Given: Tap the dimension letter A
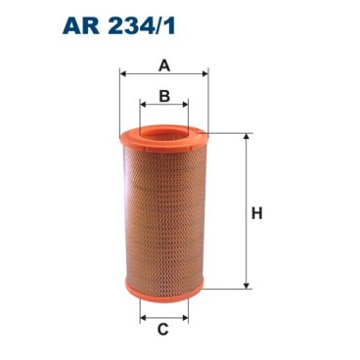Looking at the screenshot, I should pyautogui.click(x=164, y=66).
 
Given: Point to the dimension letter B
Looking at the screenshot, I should pyautogui.click(x=164, y=95).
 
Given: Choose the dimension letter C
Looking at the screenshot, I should pyautogui.click(x=163, y=330).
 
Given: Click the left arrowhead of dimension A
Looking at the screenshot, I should pyautogui.click(x=123, y=73).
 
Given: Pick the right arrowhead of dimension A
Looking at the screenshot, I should pyautogui.click(x=204, y=73).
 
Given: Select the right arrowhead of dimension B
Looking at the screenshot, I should pyautogui.click(x=185, y=105).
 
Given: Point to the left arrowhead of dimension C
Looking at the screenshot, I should pyautogui.click(x=144, y=318).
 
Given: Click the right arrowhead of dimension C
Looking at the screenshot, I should pyautogui.click(x=185, y=318).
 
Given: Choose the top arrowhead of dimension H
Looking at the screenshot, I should pyautogui.click(x=244, y=137).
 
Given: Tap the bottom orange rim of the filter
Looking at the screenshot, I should pyautogui.click(x=164, y=292).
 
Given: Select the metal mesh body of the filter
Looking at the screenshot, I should pyautogui.click(x=164, y=215).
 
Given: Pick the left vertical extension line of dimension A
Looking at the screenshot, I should pyautogui.click(x=119, y=103).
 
